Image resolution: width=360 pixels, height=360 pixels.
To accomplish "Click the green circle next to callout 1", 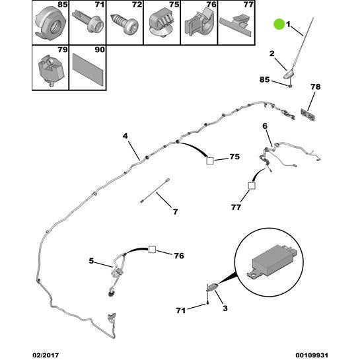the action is (279, 24).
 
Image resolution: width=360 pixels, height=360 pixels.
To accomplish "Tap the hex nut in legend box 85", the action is (50, 23).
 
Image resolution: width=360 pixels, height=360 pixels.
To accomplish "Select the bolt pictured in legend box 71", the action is (89, 22).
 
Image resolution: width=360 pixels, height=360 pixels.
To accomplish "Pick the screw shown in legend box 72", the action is (124, 25).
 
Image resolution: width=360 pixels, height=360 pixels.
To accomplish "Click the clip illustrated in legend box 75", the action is (162, 22).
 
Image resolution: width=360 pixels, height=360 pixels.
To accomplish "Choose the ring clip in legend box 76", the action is (199, 22).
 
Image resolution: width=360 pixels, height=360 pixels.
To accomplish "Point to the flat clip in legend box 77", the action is (236, 25).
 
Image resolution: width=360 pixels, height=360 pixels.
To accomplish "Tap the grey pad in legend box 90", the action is (88, 69).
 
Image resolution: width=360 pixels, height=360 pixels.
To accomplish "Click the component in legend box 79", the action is (51, 69).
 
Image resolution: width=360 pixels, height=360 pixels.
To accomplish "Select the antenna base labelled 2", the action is (289, 74).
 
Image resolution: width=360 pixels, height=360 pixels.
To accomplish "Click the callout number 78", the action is (315, 87).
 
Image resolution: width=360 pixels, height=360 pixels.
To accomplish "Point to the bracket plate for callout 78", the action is (308, 114).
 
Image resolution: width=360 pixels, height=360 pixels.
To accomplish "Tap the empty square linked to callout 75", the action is (210, 161).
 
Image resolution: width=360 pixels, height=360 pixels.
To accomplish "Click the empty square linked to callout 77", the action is (252, 186).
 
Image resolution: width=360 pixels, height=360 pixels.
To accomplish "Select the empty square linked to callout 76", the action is (152, 249).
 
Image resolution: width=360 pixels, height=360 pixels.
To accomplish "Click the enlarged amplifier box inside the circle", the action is (272, 262).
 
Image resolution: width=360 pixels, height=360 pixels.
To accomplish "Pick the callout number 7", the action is (176, 211).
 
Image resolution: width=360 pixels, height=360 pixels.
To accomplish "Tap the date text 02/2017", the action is (46, 355).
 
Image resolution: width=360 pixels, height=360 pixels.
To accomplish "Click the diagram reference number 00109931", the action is (312, 355).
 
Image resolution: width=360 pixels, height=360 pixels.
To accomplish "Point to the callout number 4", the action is (125, 136).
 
